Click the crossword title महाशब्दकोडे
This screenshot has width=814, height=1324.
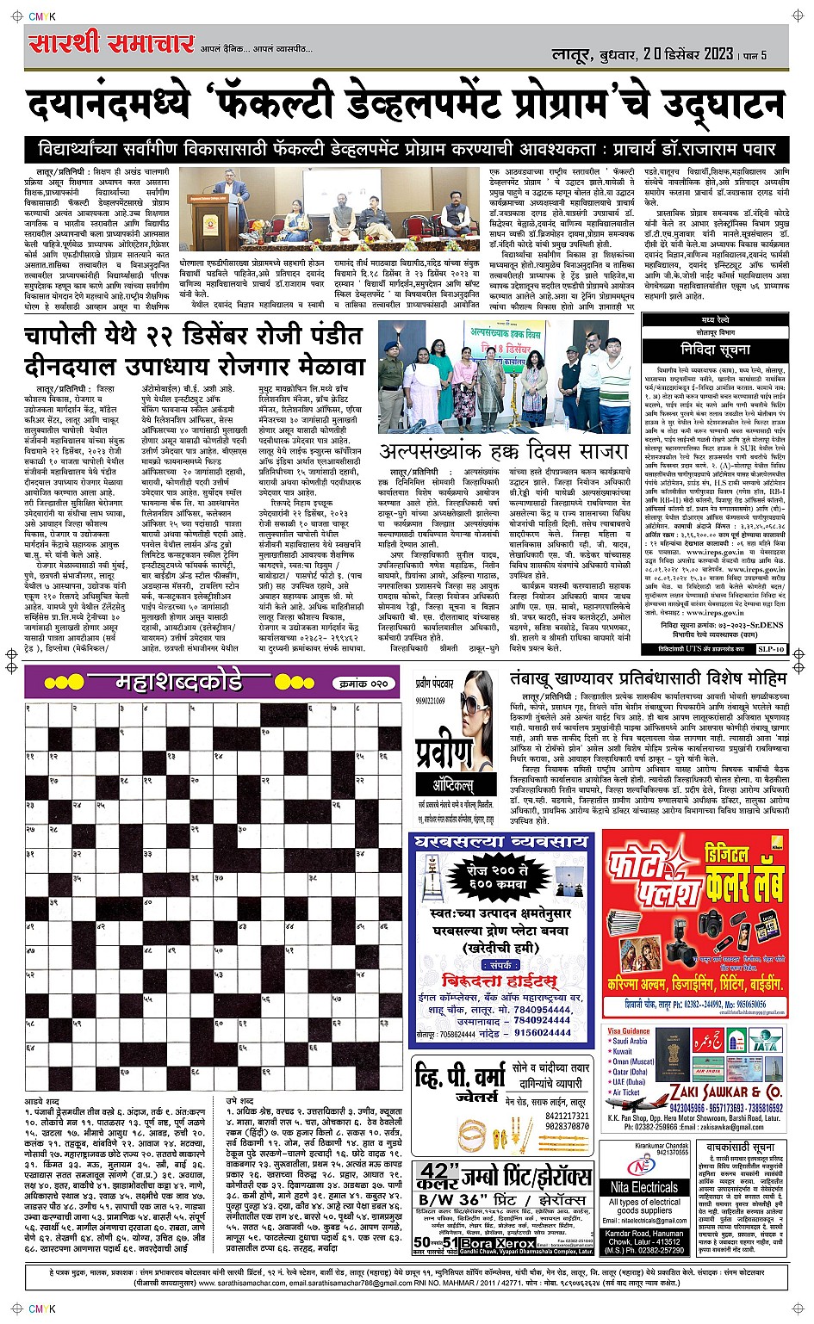click(179, 683)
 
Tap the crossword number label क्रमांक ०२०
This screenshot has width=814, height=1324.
click(360, 684)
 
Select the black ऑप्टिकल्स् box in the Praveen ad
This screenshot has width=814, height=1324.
click(454, 783)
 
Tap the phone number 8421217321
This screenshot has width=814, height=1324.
click(567, 1116)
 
